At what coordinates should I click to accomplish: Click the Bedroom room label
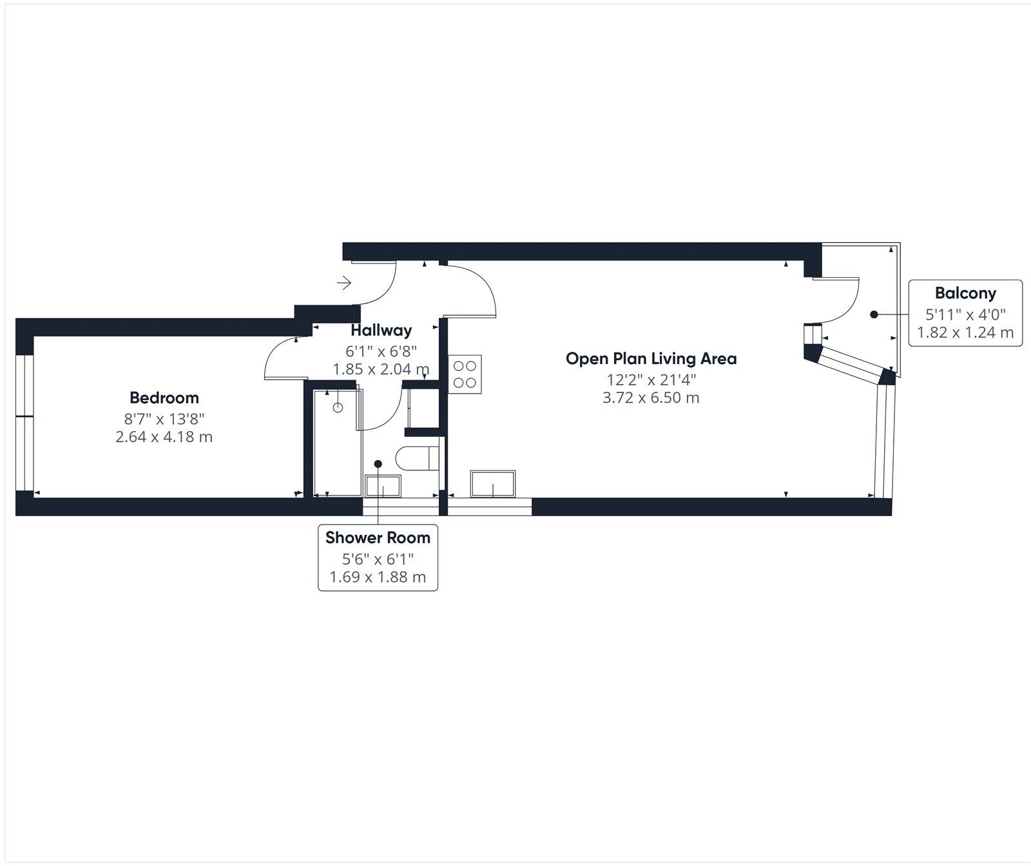(164, 398)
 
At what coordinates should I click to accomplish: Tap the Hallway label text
(381, 331)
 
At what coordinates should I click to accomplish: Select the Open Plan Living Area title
(651, 359)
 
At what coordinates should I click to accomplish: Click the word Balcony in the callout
(965, 293)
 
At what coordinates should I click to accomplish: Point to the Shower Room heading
(378, 537)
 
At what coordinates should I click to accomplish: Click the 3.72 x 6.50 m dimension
(651, 398)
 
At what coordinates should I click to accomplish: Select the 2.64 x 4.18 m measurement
(164, 437)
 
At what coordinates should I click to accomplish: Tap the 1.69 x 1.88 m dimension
(378, 577)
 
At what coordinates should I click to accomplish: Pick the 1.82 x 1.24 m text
(965, 332)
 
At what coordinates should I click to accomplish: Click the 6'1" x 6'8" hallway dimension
(381, 351)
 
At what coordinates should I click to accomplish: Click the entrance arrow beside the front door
(344, 282)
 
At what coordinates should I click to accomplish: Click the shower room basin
(383, 486)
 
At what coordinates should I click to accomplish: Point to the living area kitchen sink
(493, 484)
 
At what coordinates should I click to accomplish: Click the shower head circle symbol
(338, 407)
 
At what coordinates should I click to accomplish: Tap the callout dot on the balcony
(874, 314)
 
